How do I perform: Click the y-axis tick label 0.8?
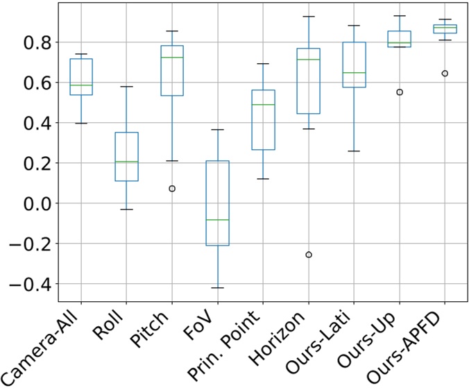[35, 42]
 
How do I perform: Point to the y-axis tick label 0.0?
[35, 203]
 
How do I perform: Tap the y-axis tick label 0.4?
[35, 123]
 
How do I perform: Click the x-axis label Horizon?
[289, 337]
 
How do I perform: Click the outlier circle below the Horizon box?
[309, 255]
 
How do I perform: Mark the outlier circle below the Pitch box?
[172, 189]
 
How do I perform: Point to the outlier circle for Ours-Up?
[400, 92]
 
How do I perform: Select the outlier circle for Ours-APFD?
[445, 73]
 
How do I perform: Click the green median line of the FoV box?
[218, 220]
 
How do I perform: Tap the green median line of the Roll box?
[127, 162]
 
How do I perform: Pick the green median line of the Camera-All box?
[81, 85]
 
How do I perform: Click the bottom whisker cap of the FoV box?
[218, 287]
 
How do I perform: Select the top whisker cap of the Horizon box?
[309, 16]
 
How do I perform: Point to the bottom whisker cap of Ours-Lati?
[354, 151]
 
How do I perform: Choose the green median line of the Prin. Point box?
[263, 105]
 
